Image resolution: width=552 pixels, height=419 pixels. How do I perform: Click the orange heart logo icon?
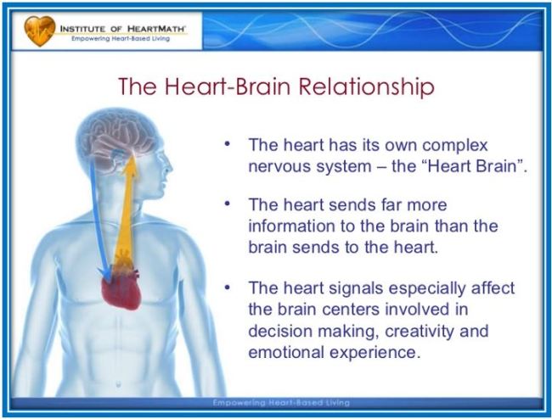pos(39,31)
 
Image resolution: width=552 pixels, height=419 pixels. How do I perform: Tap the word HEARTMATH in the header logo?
pos(155,29)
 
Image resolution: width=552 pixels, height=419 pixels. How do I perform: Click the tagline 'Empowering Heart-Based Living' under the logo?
pos(121,39)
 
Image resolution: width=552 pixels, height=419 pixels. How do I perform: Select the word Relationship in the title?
pos(366,87)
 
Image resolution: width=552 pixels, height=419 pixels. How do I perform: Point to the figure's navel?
pos(118,384)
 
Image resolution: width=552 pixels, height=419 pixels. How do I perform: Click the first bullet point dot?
pos(228,144)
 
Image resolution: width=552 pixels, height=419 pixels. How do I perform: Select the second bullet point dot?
pos(228,204)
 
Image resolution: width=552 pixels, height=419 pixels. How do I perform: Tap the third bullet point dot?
pos(228,288)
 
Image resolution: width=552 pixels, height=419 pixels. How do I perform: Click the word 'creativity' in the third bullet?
pos(420,332)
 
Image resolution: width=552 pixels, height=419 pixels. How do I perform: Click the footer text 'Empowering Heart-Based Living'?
pos(281,403)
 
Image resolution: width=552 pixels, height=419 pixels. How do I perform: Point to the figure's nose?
pos(171,166)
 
